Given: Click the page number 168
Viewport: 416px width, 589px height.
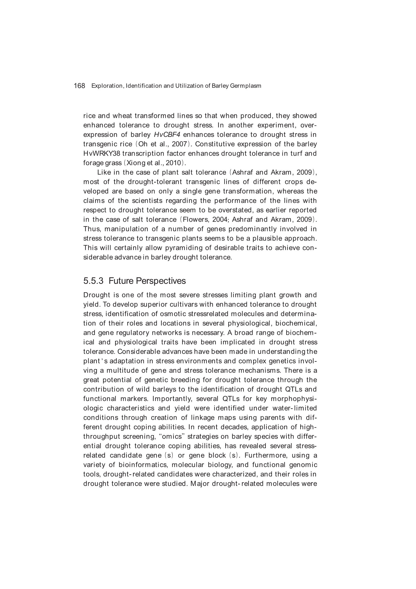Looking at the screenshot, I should [x=79, y=86].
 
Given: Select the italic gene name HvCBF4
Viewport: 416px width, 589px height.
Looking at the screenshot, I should [x=167, y=135].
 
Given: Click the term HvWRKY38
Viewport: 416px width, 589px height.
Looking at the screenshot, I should [x=102, y=153].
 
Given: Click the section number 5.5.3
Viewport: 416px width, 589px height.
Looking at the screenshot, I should [x=93, y=281].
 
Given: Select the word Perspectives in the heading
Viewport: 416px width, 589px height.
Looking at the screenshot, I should [x=161, y=281].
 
